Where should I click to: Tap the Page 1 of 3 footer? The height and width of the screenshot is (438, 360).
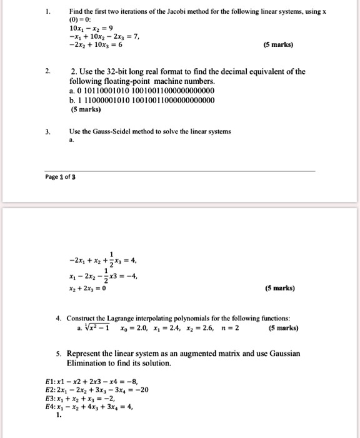(61, 177)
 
